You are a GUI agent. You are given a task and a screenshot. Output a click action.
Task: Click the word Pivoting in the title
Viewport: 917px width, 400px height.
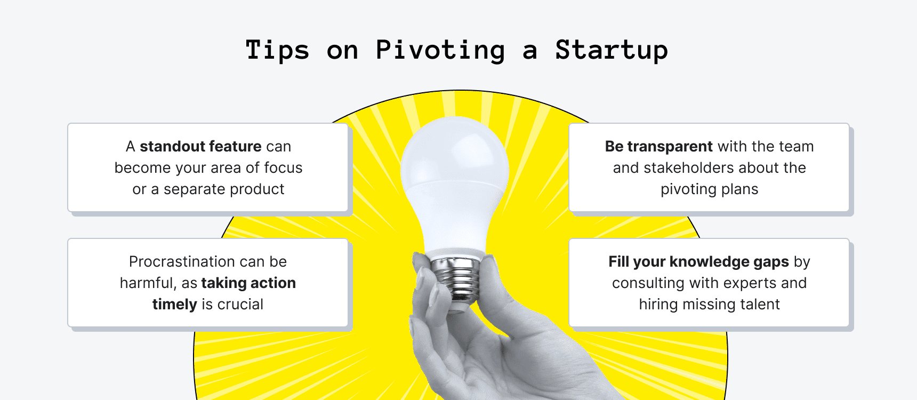tap(440, 51)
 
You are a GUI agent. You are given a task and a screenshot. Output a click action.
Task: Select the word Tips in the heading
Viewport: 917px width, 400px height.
tap(277, 51)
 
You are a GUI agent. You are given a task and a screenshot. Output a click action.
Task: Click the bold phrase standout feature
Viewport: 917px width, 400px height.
tap(200, 147)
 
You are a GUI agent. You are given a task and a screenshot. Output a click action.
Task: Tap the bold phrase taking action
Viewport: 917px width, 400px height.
tap(248, 283)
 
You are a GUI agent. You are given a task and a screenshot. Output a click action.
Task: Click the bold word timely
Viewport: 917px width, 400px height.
tap(175, 305)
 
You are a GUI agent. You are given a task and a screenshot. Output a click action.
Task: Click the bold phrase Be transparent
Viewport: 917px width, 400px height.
tap(658, 147)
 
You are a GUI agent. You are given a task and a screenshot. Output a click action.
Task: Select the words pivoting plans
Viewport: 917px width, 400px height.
tap(709, 189)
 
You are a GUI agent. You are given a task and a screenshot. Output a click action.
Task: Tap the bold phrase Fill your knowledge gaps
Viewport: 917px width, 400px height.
tap(698, 262)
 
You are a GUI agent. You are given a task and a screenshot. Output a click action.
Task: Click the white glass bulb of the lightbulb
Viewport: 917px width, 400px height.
tap(455, 176)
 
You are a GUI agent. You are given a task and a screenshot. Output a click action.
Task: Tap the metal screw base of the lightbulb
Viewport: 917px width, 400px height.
tap(456, 277)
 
